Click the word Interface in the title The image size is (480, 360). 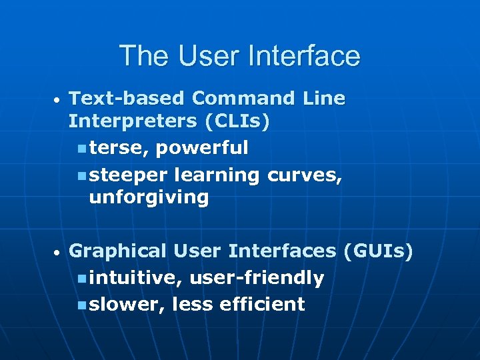click(x=303, y=56)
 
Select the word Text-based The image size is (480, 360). click(x=127, y=99)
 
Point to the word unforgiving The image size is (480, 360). click(x=149, y=198)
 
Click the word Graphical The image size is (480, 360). click(x=118, y=251)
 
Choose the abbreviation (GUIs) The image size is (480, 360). click(x=378, y=251)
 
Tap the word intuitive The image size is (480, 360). click(x=133, y=278)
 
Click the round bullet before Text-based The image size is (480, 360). click(x=58, y=100)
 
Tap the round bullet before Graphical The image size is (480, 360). click(x=58, y=253)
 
